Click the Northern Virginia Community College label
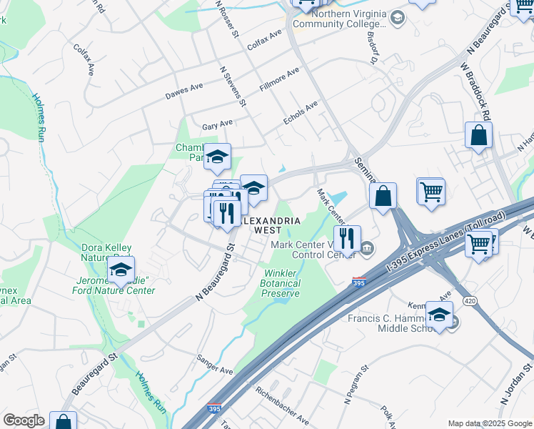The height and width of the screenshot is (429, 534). [x=348, y=19]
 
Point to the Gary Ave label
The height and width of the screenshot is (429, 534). [x=218, y=124]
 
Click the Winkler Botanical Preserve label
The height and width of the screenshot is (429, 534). [x=282, y=283]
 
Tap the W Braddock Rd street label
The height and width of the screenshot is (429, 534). [x=476, y=90]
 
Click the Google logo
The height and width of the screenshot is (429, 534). [x=24, y=420]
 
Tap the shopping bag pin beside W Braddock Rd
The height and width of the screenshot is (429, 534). [x=478, y=136]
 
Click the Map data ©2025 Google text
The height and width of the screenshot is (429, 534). [x=490, y=423]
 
